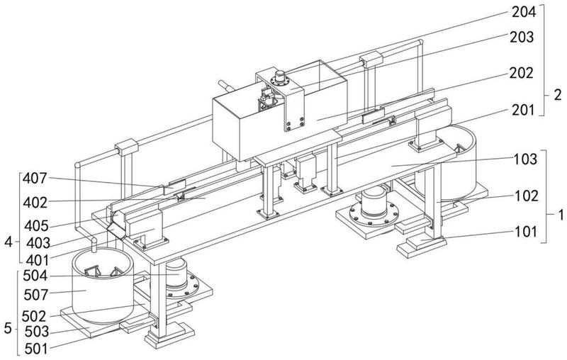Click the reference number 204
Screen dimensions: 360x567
click(x=524, y=11)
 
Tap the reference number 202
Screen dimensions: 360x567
click(x=524, y=72)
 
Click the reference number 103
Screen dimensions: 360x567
click(x=524, y=160)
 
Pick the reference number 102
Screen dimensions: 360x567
click(x=524, y=195)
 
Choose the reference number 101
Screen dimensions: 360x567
click(x=524, y=231)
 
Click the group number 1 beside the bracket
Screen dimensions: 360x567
click(x=557, y=213)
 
